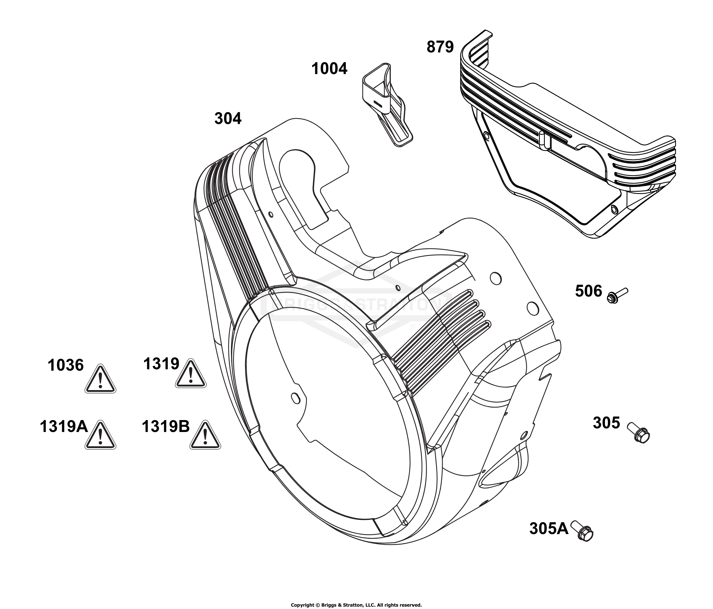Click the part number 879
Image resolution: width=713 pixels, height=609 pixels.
(440, 47)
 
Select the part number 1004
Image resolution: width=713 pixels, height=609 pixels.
(329, 69)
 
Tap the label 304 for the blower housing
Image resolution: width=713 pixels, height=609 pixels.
(228, 119)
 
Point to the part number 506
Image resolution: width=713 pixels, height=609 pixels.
(588, 291)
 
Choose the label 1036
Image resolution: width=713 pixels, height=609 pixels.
(66, 365)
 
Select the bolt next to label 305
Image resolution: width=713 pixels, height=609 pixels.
(638, 433)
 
